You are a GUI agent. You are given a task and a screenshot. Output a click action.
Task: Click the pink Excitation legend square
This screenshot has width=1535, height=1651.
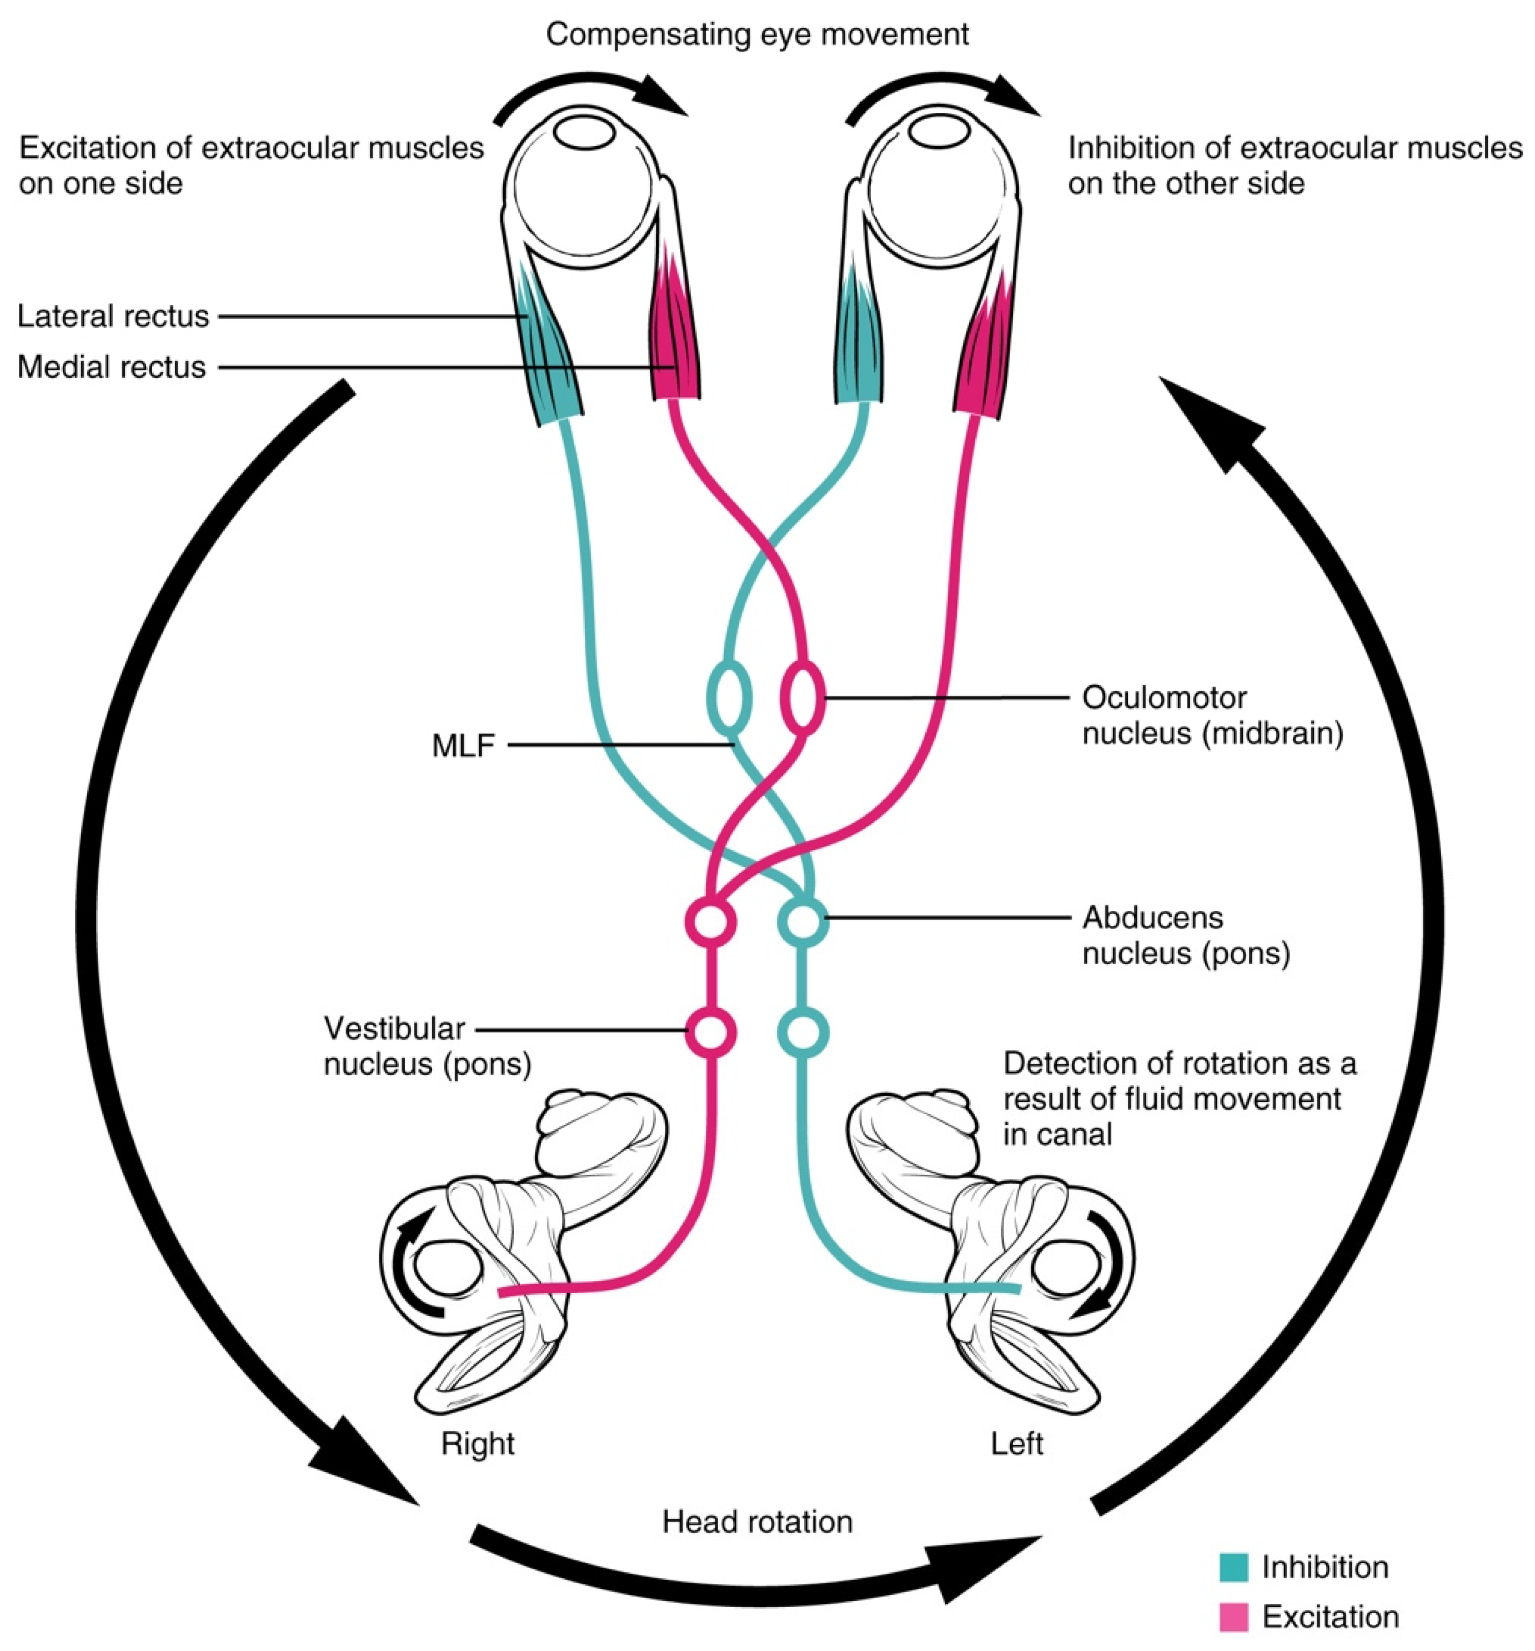tap(1233, 1616)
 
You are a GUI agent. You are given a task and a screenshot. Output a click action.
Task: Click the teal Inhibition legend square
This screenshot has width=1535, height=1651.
tap(1233, 1567)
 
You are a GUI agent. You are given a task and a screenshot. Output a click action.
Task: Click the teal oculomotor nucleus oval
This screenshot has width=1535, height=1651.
tap(729, 697)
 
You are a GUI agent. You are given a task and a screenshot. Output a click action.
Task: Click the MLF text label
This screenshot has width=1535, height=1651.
tap(463, 745)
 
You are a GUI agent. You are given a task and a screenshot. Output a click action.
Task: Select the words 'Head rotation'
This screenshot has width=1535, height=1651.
tap(757, 1522)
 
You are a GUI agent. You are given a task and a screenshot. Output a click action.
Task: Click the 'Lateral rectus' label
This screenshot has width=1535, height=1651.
tap(113, 316)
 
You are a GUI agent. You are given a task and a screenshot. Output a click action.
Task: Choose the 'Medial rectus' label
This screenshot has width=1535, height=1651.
tap(111, 366)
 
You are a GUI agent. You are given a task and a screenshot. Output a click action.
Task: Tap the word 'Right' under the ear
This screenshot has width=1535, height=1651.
tap(478, 1443)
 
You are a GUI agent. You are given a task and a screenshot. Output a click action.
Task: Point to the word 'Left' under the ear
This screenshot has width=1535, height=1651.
tap(1016, 1443)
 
